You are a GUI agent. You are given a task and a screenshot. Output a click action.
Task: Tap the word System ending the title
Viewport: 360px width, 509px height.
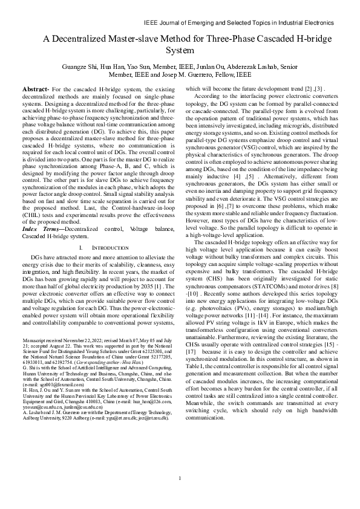click(x=180, y=50)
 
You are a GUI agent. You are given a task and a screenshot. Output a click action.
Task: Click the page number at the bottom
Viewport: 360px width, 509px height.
click(x=180, y=479)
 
